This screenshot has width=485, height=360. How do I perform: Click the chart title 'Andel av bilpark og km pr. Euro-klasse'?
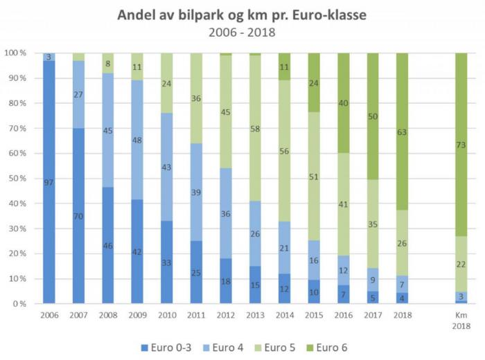click(x=242, y=15)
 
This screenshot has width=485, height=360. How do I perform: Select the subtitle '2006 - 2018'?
click(x=242, y=32)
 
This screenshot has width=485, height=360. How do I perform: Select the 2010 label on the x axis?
click(x=166, y=314)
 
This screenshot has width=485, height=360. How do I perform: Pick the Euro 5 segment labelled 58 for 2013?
click(x=255, y=128)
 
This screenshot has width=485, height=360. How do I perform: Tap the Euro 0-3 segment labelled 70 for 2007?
click(x=78, y=216)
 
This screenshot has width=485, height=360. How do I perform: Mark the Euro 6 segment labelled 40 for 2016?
click(x=344, y=103)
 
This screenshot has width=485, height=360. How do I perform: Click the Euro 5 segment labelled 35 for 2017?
click(x=373, y=224)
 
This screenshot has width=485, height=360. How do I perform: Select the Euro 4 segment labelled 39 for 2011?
click(x=196, y=192)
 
